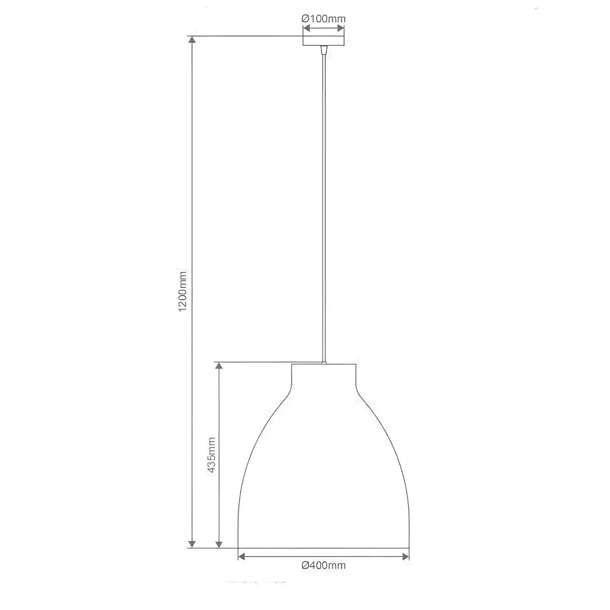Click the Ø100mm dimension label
(x=323, y=18)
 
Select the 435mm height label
(x=211, y=455)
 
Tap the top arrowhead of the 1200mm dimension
(x=192, y=40)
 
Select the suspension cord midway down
(x=323, y=207)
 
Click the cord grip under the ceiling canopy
(x=323, y=51)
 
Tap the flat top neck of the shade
(x=323, y=372)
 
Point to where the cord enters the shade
(x=323, y=364)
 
